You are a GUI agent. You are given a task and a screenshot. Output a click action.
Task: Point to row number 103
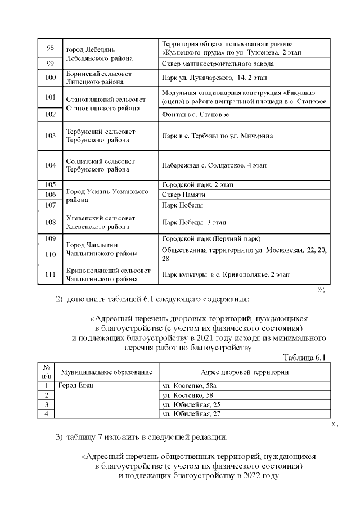[50, 136]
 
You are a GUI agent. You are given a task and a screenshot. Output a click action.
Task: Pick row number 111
[50, 274]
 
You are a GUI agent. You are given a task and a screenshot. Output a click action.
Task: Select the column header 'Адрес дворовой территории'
[245, 372]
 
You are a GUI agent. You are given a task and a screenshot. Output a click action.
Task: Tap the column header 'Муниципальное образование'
[107, 372]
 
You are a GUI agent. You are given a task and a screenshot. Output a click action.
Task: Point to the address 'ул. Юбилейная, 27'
[190, 414]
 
